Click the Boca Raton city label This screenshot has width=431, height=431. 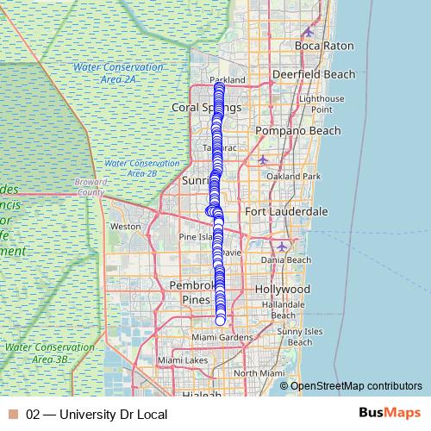[325, 45]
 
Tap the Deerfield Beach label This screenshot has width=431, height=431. [314, 74]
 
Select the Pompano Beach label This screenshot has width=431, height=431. [298, 131]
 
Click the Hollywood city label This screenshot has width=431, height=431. [283, 289]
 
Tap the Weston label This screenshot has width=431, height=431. [126, 227]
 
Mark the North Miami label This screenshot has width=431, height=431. [259, 372]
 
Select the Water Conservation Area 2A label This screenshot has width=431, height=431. [118, 72]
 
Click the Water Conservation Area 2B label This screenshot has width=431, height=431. [141, 167]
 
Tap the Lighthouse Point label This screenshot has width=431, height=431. [322, 104]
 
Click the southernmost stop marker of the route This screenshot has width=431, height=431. [220, 321]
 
